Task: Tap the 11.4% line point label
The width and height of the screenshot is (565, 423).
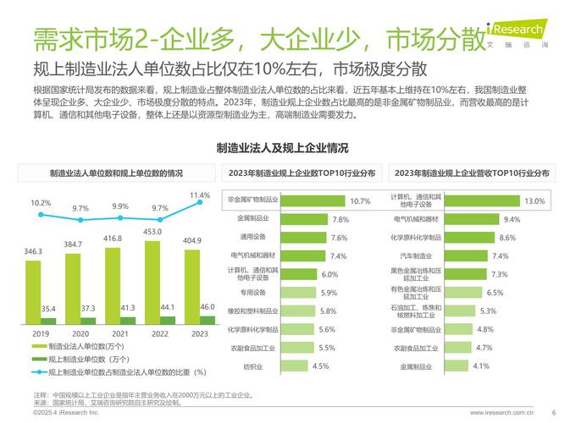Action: pos(200,195)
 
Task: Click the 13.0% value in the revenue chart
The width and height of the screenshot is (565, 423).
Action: pos(534,201)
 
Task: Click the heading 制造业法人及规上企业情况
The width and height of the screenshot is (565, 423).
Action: pos(282,148)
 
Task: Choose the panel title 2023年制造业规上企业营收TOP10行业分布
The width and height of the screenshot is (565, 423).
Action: pos(470,173)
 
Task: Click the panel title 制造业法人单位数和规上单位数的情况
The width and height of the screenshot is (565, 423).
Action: pos(114,173)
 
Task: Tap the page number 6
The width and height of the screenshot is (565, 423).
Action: pos(553,412)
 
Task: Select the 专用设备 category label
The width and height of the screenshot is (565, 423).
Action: pos(252,293)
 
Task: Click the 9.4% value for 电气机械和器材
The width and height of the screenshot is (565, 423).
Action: pos(512,219)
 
